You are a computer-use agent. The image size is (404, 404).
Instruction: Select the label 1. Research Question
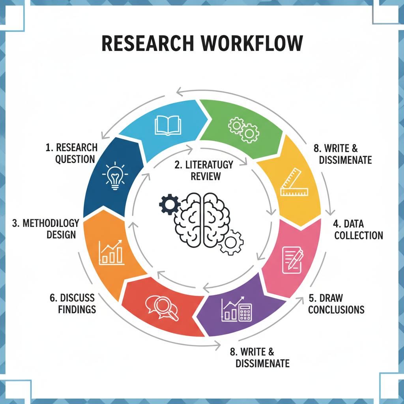pos(71,153)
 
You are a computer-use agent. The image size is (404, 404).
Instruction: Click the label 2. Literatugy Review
pos(204,170)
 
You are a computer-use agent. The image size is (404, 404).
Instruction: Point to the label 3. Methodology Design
pos(46,228)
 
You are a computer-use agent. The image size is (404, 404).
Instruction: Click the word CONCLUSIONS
pos(336,309)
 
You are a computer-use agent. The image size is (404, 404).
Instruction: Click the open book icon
pos(167,124)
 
